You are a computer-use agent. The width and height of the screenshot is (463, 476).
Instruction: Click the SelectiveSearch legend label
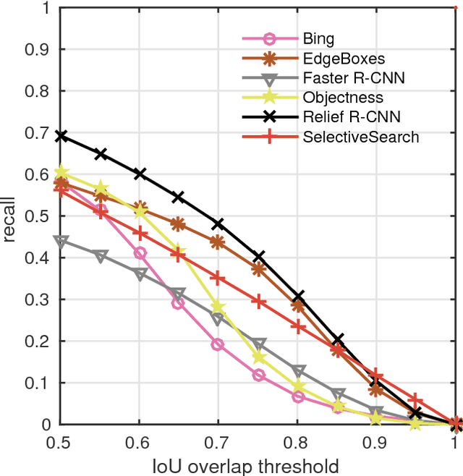click(x=360, y=137)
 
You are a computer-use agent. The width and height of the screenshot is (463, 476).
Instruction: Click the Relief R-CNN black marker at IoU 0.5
click(x=61, y=136)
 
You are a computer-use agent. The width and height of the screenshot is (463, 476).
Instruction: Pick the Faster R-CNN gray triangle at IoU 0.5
click(x=61, y=241)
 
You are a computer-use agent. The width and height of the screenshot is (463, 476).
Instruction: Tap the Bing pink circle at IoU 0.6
click(x=140, y=253)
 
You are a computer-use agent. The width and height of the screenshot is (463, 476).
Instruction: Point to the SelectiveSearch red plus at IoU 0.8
click(x=297, y=326)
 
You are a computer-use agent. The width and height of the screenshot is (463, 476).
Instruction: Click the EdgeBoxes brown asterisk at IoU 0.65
click(x=179, y=224)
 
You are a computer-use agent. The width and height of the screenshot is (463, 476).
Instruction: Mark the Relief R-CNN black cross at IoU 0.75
click(x=258, y=257)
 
